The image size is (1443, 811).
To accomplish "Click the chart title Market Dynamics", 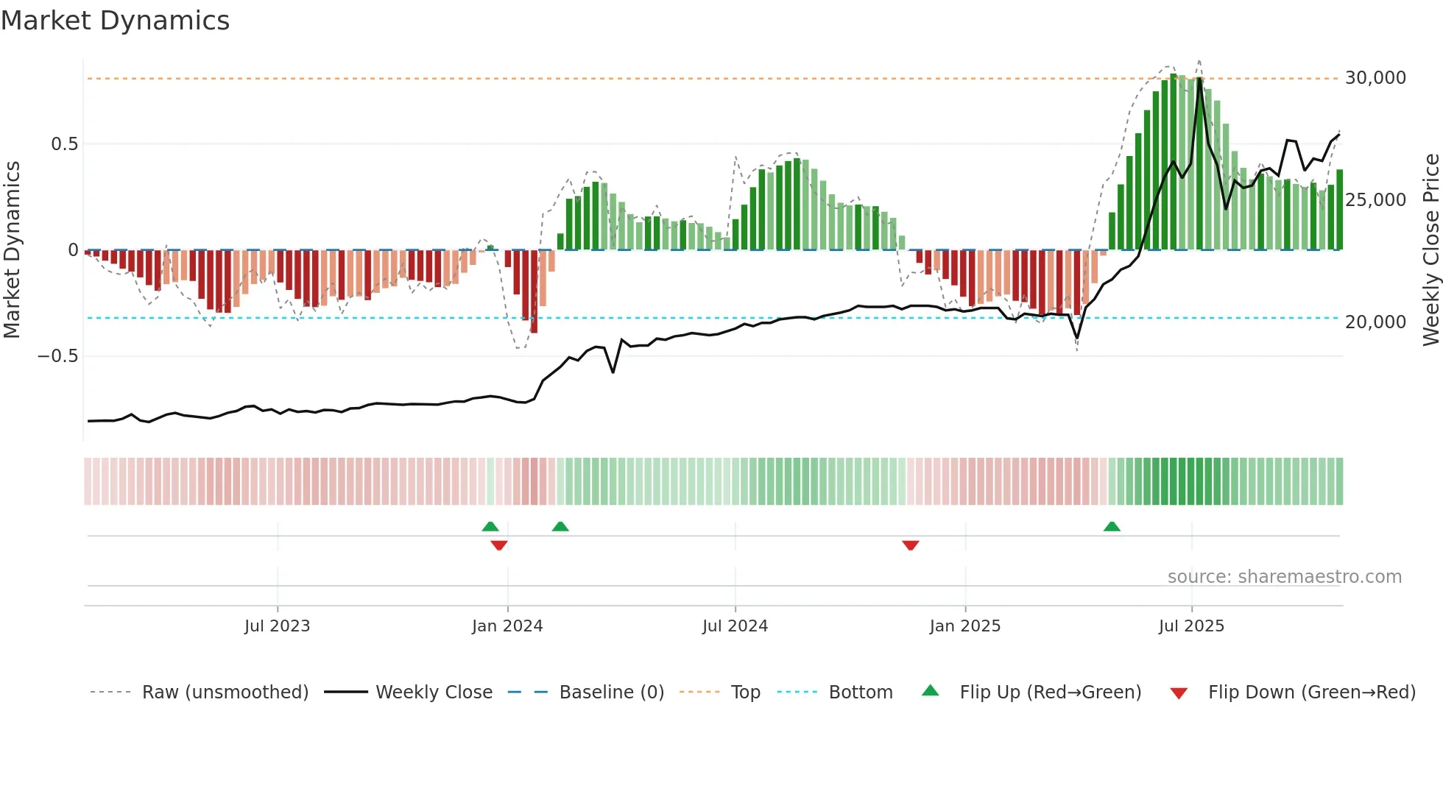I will point(115,21).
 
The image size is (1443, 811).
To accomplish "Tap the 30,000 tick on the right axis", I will point(1375,78).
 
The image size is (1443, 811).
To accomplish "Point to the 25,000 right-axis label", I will point(1375,200).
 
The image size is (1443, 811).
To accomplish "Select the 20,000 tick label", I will point(1375,322).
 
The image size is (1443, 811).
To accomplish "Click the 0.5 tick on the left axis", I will point(64,144).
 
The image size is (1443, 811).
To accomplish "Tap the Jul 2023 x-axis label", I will point(277,626).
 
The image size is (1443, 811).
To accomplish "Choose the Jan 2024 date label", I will point(507,626).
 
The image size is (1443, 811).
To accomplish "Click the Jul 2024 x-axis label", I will point(735,626).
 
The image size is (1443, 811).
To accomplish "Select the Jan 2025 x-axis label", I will point(964,626).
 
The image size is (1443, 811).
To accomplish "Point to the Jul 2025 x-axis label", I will point(1191,626).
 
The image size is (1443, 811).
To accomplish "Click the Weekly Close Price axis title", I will point(1430,250).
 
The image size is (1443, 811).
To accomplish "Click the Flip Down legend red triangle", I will point(1179,693).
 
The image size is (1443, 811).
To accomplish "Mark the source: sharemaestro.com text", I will point(1284,577).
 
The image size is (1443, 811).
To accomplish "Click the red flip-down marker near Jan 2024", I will point(499,545).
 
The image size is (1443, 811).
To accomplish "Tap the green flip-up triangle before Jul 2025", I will point(1112,526).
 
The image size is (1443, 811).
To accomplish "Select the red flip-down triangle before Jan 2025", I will point(911,545).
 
